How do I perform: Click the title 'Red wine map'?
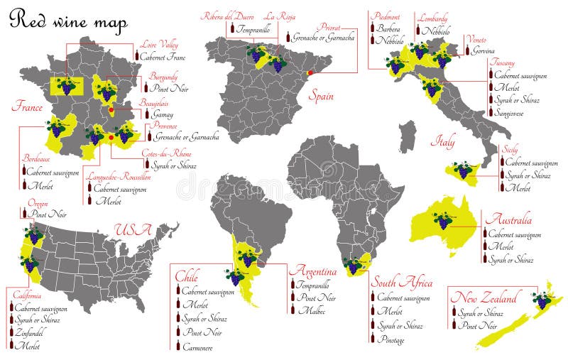tap(68, 21)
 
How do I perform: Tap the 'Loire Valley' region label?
tap(158, 45)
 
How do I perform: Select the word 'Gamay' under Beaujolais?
tap(163, 114)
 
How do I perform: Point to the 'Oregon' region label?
tap(38, 204)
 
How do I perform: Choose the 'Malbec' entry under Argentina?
tap(312, 310)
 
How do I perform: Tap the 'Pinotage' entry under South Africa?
tap(391, 339)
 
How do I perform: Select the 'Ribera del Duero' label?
tap(226, 16)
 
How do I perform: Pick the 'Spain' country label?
tap(321, 94)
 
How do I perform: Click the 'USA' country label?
tap(133, 230)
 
